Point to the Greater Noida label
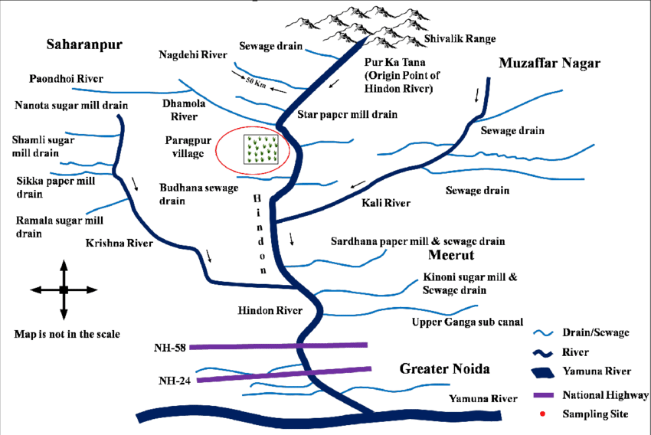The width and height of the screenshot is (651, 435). (x=444, y=369)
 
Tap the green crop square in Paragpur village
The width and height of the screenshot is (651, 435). (x=259, y=149)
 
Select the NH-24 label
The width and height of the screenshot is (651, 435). (x=175, y=381)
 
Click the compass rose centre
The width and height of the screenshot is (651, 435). (x=64, y=289)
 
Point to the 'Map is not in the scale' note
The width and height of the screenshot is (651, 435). (x=67, y=335)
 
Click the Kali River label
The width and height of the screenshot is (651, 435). (x=386, y=203)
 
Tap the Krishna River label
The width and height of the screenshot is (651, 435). (x=119, y=243)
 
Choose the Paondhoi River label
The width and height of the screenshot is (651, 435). (x=66, y=79)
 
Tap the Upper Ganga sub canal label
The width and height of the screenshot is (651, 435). (x=466, y=322)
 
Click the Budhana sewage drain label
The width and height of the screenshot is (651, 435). (x=189, y=195)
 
